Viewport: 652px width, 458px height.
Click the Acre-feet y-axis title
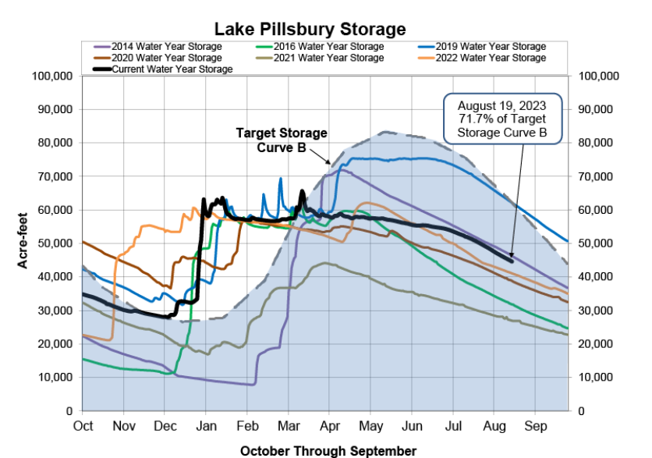click(x=23, y=243)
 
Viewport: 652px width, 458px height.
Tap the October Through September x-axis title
click(x=328, y=450)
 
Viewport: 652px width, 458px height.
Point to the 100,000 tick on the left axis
click(x=52, y=76)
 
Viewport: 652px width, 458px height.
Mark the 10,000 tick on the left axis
click(x=55, y=378)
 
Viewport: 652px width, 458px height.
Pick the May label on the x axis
click(x=370, y=426)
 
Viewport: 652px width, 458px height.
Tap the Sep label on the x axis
click(x=535, y=426)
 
